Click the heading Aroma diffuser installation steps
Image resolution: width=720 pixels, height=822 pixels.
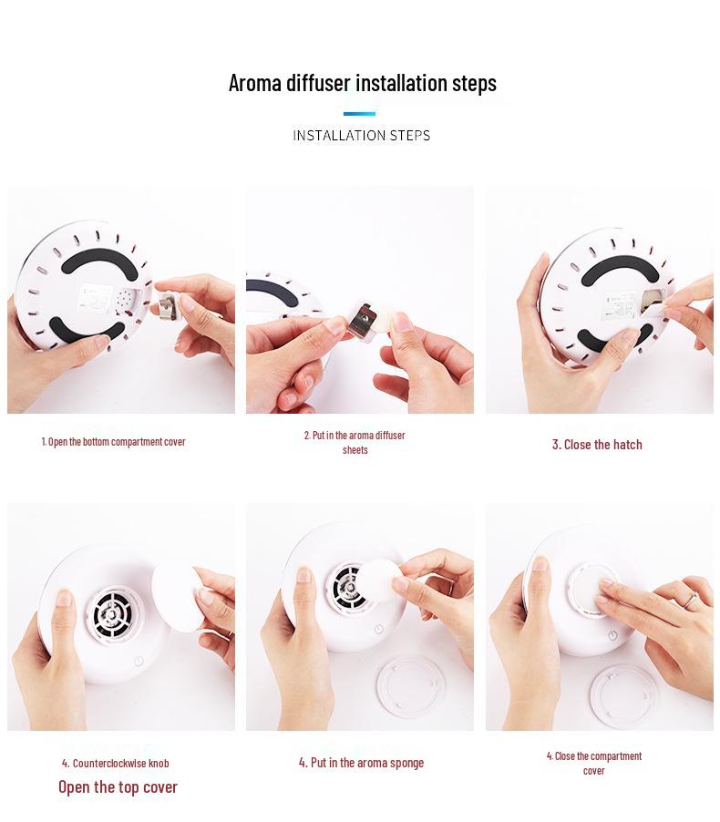click(362, 83)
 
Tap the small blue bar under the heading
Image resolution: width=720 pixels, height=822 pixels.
click(359, 114)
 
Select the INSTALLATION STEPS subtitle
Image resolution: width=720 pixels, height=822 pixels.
click(361, 135)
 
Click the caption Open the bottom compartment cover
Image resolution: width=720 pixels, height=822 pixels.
click(113, 442)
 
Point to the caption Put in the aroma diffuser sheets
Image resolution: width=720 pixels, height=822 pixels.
click(355, 442)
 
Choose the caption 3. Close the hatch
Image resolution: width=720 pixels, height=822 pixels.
click(596, 445)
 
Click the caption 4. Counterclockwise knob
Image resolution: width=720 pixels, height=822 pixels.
click(115, 763)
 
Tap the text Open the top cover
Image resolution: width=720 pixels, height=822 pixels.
click(118, 786)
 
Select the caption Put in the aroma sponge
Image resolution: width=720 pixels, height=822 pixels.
click(361, 763)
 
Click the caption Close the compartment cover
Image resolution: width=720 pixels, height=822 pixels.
click(593, 763)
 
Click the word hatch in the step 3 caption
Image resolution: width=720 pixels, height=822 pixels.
click(627, 445)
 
